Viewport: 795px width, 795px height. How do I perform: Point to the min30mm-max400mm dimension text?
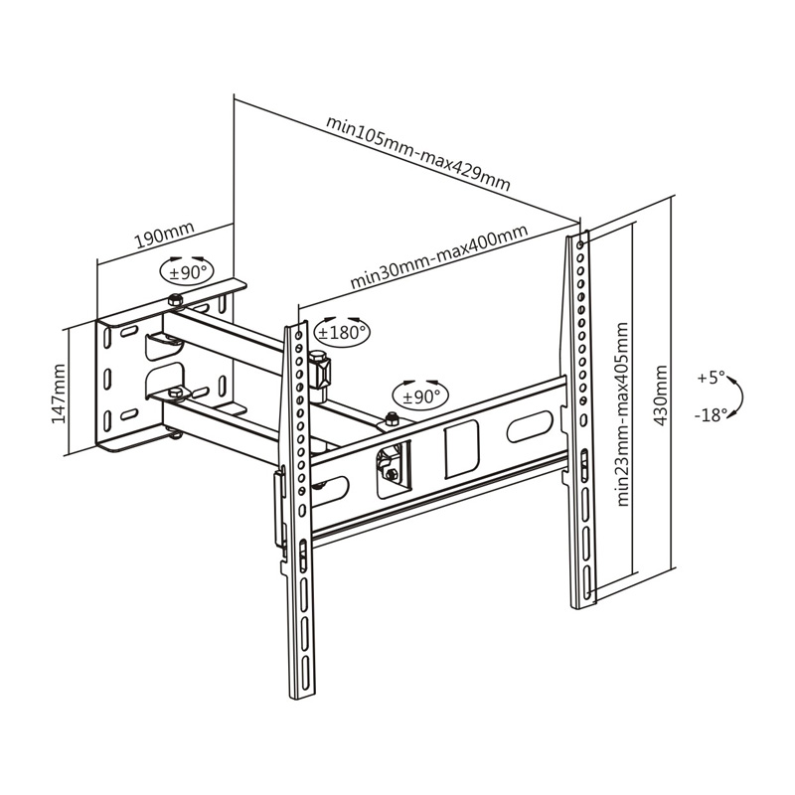pyautogui.click(x=438, y=258)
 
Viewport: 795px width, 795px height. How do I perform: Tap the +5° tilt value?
pyautogui.click(x=711, y=378)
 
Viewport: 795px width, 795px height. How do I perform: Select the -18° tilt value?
pyautogui.click(x=711, y=415)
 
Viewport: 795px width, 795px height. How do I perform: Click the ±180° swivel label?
pyautogui.click(x=341, y=333)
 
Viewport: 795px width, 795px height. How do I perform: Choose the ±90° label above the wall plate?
pyautogui.click(x=185, y=271)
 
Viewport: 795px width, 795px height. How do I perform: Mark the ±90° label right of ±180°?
pyautogui.click(x=416, y=396)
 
